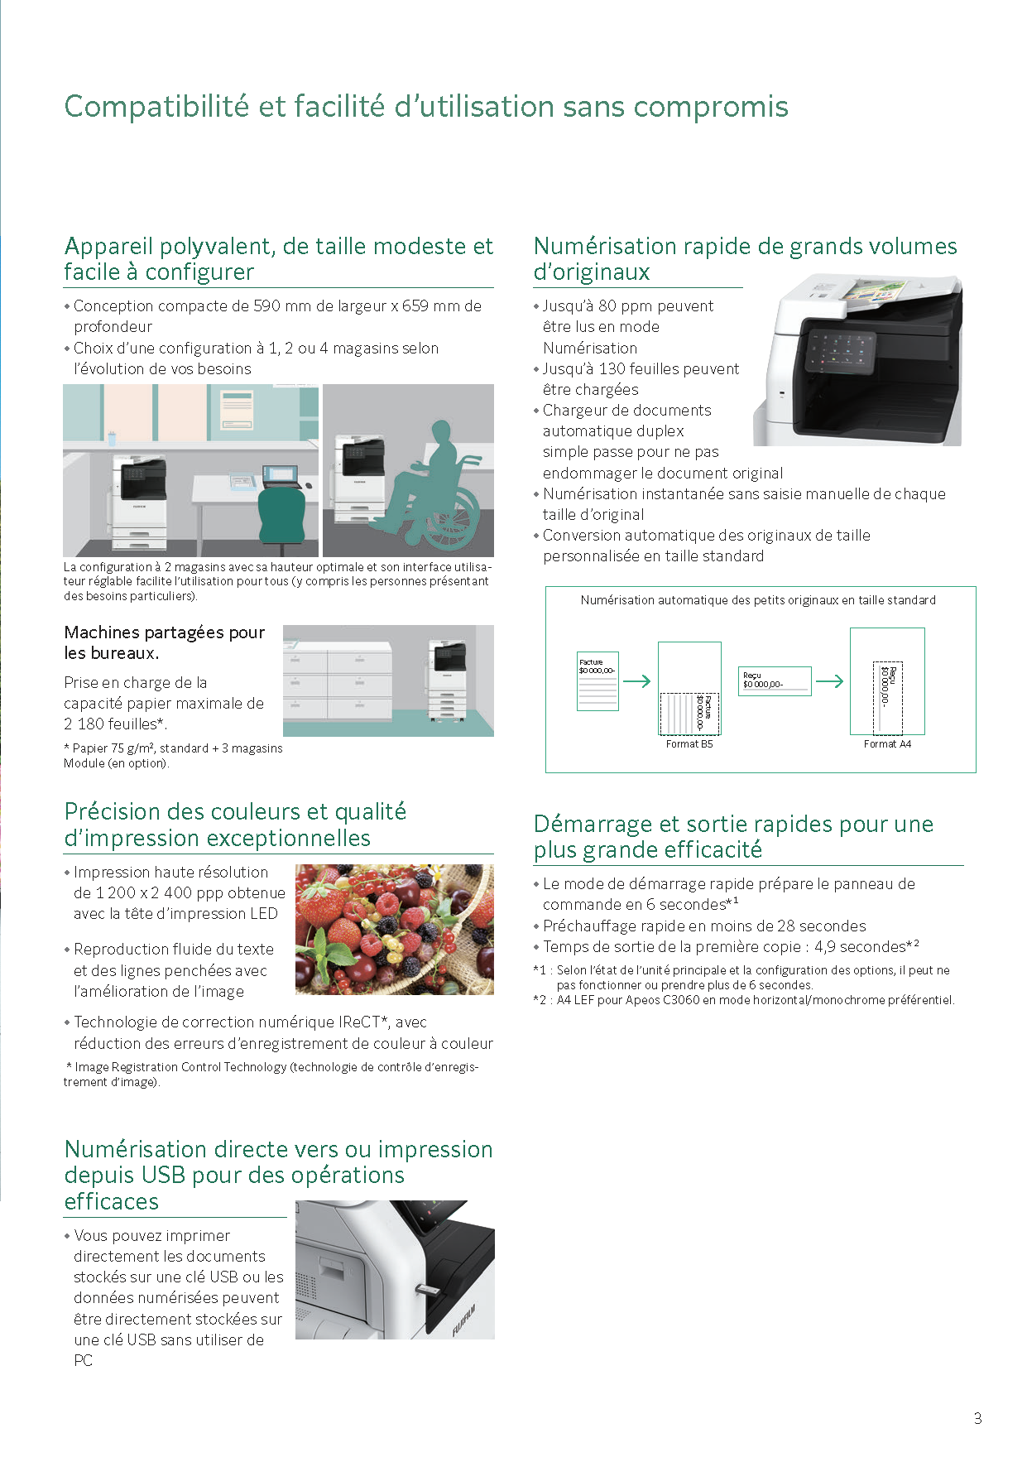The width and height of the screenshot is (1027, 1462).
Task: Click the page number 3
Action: click(977, 1418)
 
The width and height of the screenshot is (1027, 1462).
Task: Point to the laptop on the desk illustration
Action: click(280, 476)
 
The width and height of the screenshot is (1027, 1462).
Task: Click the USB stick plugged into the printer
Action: click(429, 1291)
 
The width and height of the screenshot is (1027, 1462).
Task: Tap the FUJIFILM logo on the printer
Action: click(464, 1320)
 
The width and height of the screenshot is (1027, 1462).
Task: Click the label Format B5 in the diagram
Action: click(689, 744)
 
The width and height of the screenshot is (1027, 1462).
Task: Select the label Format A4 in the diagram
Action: click(887, 744)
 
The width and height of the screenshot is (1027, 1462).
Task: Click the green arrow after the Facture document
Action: click(636, 681)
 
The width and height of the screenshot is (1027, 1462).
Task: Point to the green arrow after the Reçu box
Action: click(829, 681)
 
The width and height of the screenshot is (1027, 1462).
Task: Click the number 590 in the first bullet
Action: click(267, 305)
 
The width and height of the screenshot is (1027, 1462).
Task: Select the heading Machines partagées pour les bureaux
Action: click(165, 642)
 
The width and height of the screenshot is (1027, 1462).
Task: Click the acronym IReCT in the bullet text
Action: click(358, 1022)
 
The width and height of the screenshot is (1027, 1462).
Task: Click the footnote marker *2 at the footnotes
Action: click(540, 1000)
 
